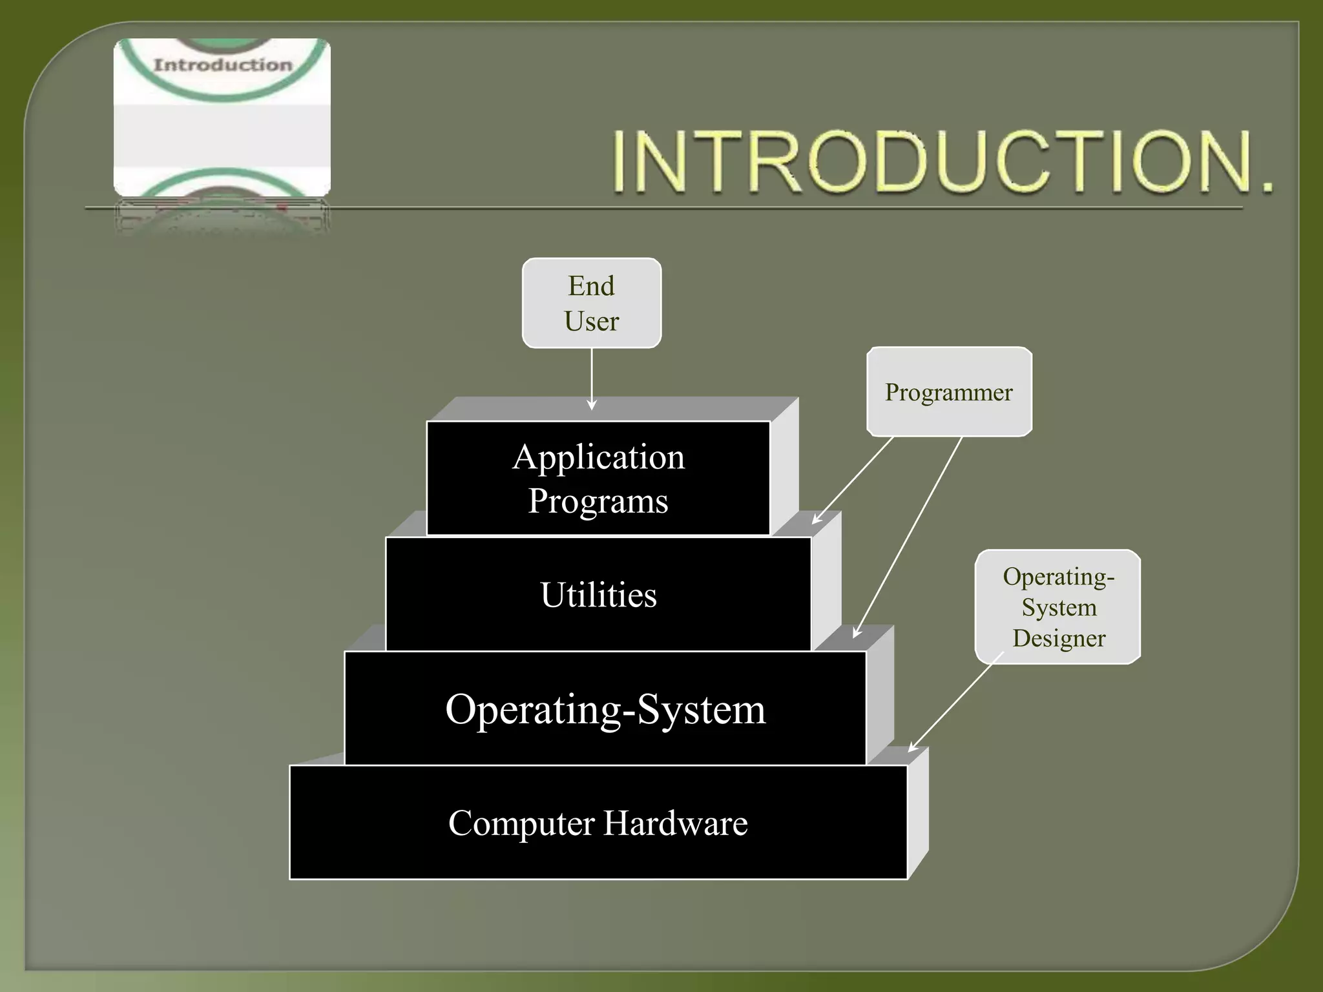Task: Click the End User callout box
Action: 591,303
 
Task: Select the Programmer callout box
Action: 948,392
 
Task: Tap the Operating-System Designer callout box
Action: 1057,606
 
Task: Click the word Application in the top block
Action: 598,457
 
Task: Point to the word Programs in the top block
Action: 598,501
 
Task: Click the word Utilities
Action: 598,595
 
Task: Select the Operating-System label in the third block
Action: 605,709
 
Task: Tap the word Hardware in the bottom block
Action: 675,823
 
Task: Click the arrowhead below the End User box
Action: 591,405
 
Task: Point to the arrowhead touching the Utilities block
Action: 817,519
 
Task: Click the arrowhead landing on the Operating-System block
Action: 857,632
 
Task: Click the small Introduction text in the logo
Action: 222,65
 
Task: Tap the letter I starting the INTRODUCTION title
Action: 621,161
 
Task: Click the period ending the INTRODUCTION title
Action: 1267,187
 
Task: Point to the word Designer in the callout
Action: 1059,638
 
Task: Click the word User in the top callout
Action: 591,321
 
